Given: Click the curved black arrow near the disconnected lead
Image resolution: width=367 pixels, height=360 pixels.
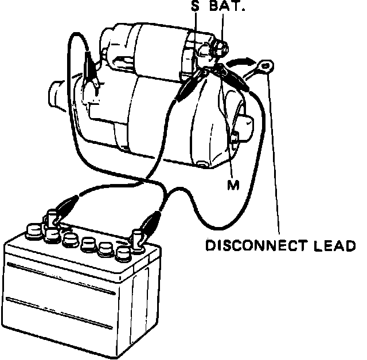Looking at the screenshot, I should (239, 59).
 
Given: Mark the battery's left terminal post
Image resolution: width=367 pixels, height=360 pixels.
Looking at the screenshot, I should (52, 218).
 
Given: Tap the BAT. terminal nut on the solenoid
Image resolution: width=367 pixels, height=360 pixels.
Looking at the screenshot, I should (220, 49).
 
